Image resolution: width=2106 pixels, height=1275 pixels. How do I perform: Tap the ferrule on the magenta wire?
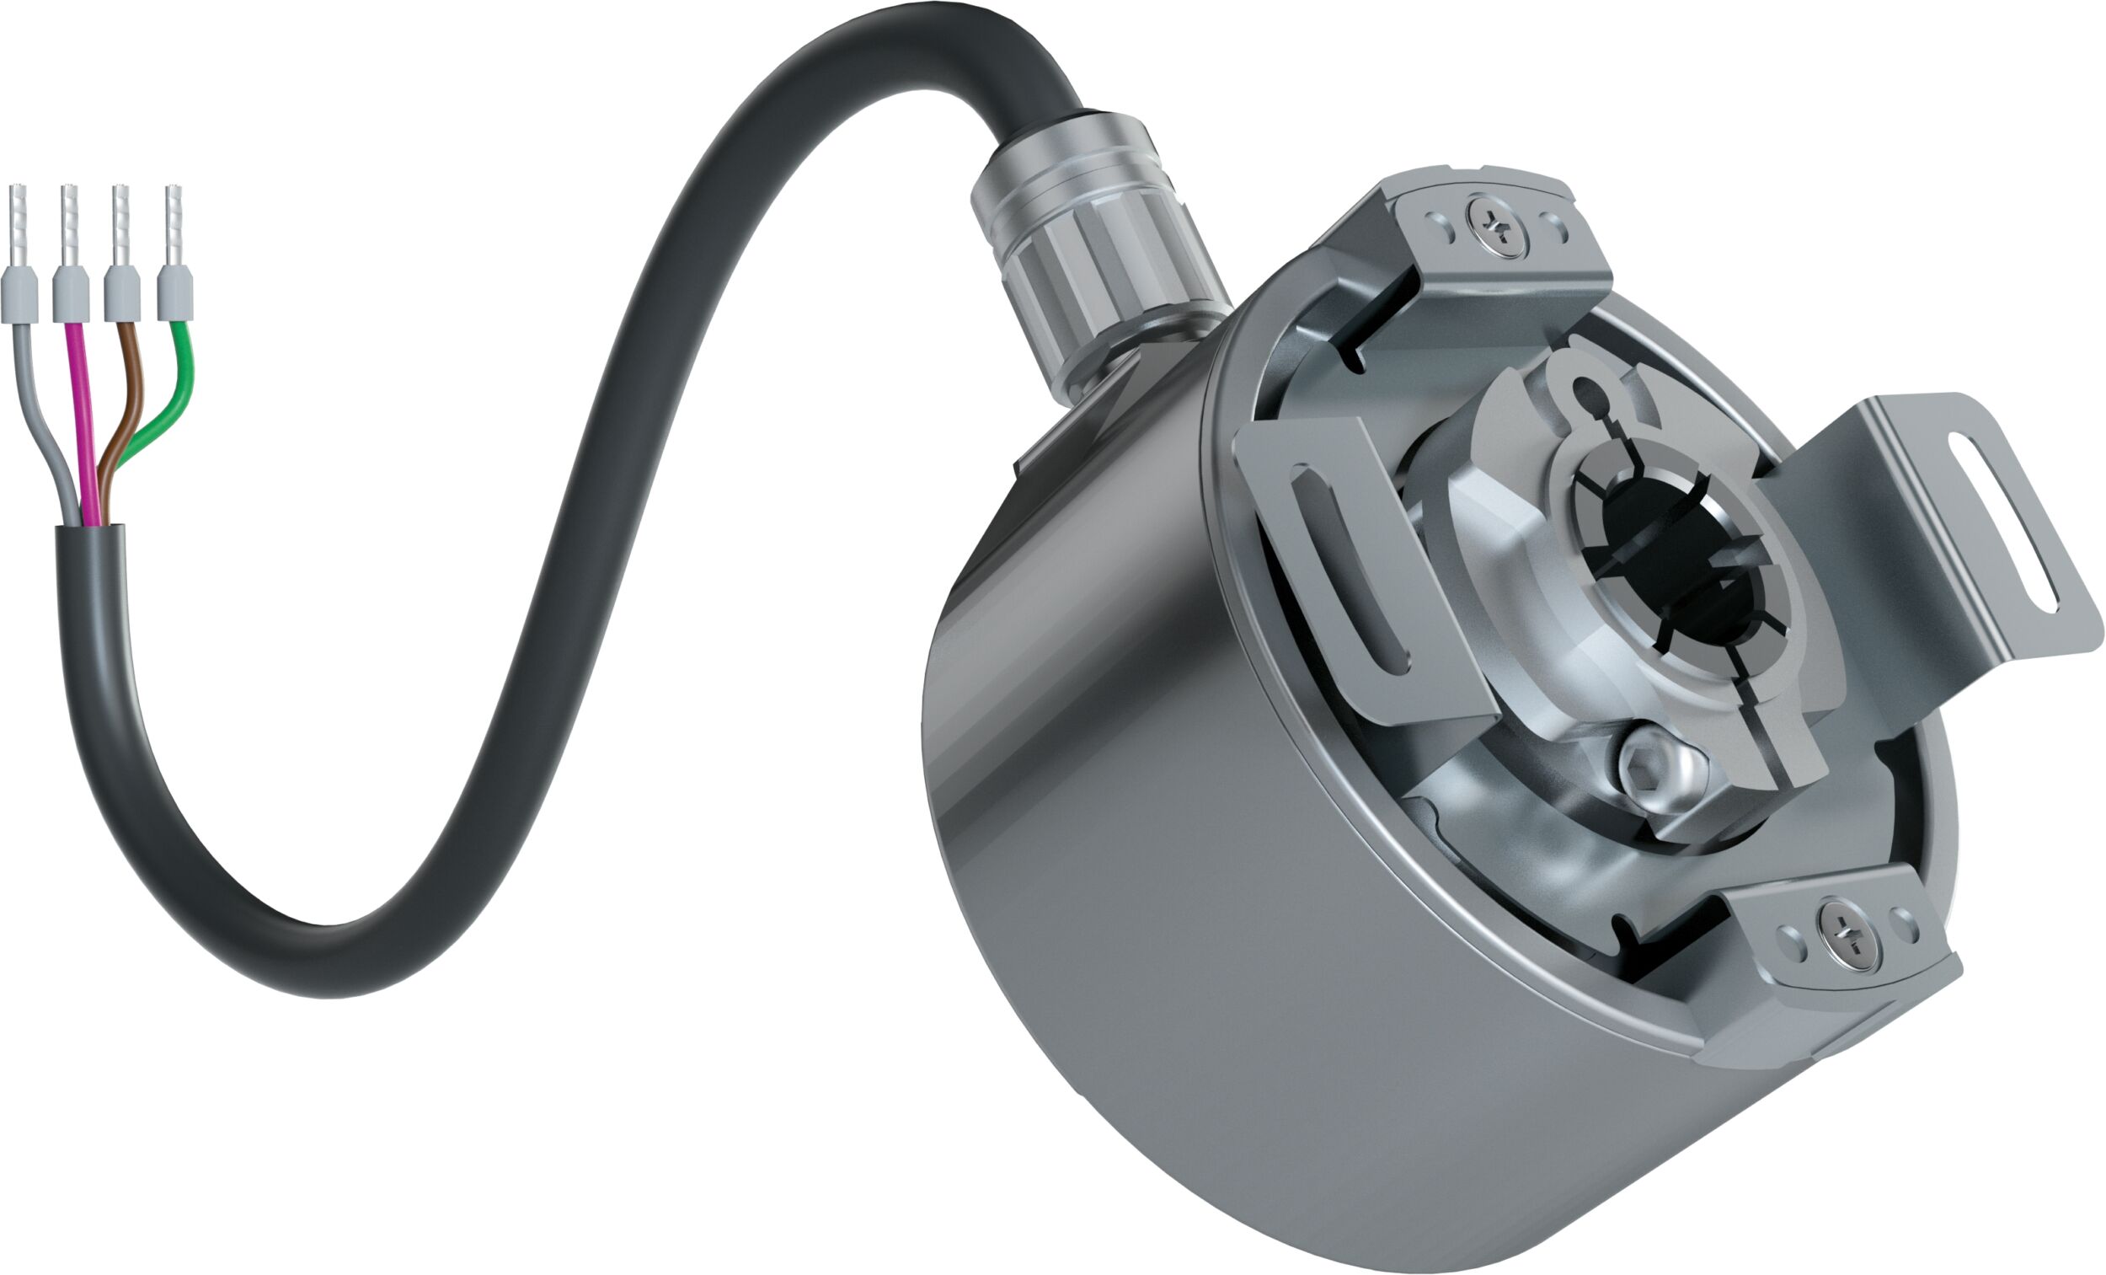tap(71, 292)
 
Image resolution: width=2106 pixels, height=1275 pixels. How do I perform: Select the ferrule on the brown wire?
tap(122, 292)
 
